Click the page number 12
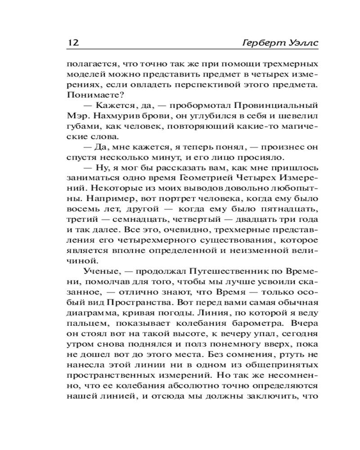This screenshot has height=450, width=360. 73,43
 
